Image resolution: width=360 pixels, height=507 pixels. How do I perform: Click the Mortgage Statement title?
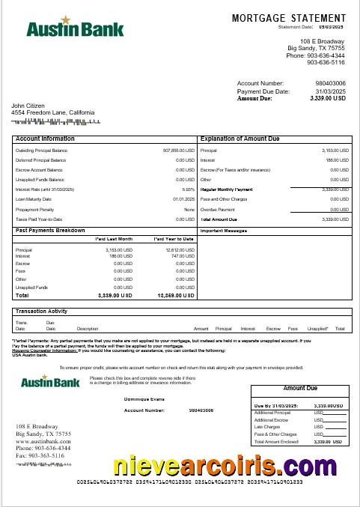[289, 18]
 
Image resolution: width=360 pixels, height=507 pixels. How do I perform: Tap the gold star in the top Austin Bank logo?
[65, 19]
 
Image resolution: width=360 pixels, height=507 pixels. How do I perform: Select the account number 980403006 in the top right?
[330, 83]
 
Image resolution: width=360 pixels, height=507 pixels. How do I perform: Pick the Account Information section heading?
[45, 139]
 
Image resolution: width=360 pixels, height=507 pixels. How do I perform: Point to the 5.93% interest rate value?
[188, 189]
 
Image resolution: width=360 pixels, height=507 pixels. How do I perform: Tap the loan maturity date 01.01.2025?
[183, 199]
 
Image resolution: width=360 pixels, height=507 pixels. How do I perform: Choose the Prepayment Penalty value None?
[189, 209]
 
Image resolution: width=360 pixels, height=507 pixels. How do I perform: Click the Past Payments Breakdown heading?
[50, 231]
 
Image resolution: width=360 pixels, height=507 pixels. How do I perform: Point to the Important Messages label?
[224, 231]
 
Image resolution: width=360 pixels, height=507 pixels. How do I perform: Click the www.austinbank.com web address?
[43, 442]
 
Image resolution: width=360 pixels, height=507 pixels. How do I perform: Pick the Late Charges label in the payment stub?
[266, 427]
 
